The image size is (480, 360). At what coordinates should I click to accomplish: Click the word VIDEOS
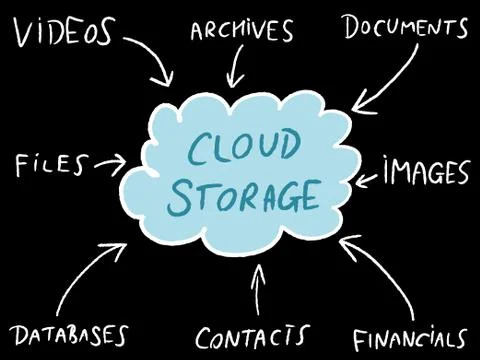[x=62, y=32]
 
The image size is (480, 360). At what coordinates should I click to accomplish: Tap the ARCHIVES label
[x=242, y=31]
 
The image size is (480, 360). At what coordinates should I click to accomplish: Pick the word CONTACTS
[x=251, y=335]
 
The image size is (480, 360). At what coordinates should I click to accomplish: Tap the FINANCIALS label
[x=410, y=337]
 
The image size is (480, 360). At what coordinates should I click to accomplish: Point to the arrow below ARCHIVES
[x=236, y=68]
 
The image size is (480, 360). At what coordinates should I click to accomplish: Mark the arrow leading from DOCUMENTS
[x=385, y=80]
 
